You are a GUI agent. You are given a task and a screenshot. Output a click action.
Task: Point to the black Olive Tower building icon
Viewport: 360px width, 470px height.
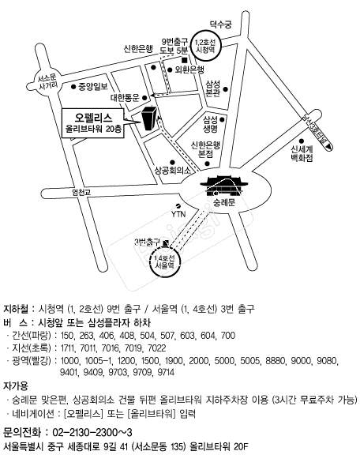coord(148,118)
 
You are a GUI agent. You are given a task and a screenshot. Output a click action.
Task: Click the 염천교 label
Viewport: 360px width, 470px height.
coord(81,192)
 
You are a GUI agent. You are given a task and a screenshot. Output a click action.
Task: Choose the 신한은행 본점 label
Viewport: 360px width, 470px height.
coord(207,149)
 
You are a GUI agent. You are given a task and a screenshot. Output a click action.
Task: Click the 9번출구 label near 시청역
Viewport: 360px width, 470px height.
coord(173,41)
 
